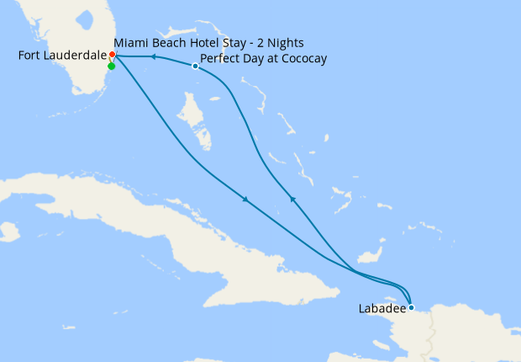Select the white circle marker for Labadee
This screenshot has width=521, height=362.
[411, 307]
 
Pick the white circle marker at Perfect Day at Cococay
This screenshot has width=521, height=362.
[195, 67]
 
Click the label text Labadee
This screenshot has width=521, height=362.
[381, 309]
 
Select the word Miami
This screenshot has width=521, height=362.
[130, 42]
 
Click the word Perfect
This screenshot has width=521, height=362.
[221, 59]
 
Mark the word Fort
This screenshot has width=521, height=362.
[29, 56]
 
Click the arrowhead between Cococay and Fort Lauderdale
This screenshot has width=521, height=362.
[154, 56]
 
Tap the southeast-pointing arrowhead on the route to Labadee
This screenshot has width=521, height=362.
[245, 200]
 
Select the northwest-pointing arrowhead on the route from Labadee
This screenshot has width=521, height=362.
[292, 199]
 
